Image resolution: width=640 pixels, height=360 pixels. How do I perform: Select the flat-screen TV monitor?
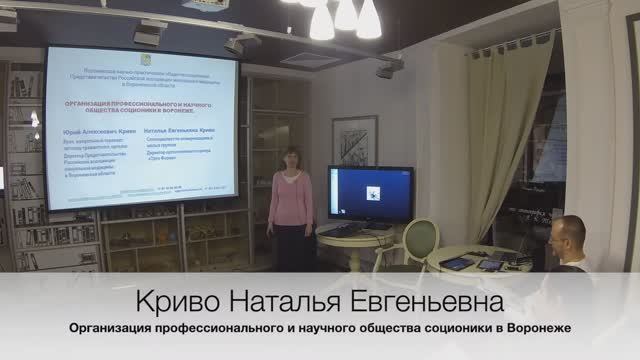click(370, 194)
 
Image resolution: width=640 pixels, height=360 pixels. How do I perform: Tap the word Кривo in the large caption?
click(175, 301)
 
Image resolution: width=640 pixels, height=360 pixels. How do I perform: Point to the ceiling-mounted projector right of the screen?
click(389, 69)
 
